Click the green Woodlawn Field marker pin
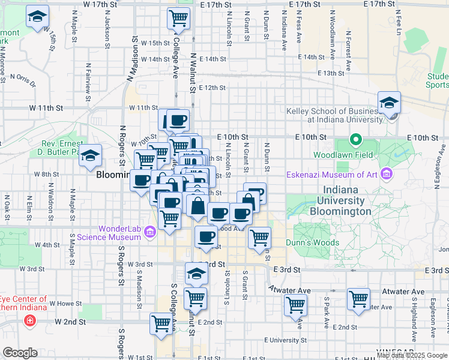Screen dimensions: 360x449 (x=355, y=142)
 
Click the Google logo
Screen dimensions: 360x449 (x=20, y=353)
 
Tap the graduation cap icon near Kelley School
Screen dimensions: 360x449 (x=389, y=103)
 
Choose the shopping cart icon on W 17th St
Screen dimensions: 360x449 (x=178, y=19)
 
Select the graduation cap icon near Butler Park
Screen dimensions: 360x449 (x=91, y=157)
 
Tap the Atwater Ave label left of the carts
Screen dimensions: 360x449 (x=290, y=290)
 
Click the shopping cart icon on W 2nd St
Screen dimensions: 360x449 (x=161, y=323)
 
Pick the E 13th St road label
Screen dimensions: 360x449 (x=330, y=73)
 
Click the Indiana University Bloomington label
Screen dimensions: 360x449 (x=340, y=201)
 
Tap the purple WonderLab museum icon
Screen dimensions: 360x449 (x=150, y=232)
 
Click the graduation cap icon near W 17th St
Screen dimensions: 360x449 (x=38, y=18)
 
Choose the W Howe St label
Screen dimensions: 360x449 (x=64, y=304)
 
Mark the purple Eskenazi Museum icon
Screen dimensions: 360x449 (x=387, y=175)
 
